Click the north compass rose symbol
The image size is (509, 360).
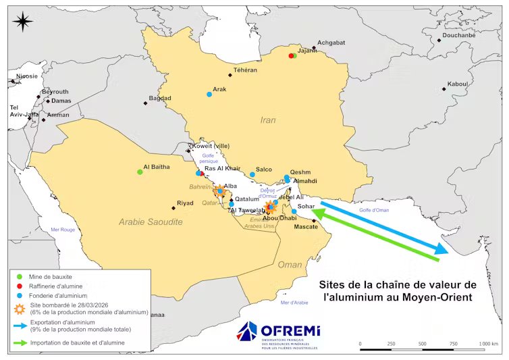[23, 22]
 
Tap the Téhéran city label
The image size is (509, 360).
[245, 70]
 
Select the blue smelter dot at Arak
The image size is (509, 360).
[209, 94]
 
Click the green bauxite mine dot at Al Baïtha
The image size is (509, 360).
[140, 172]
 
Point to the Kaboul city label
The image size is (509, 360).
[457, 84]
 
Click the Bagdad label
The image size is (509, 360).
[160, 98]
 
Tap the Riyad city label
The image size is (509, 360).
[185, 203]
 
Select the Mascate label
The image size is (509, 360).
[306, 226]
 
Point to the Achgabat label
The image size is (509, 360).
[331, 42]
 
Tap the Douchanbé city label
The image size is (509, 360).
[459, 35]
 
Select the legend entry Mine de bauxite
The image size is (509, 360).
[51, 277]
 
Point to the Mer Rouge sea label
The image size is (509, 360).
[64, 230]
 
